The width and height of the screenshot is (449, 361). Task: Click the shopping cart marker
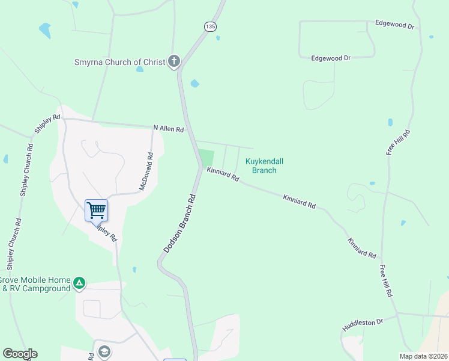[96, 211]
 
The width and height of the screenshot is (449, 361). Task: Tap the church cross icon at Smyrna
[173, 61]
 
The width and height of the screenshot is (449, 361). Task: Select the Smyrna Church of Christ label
[119, 62]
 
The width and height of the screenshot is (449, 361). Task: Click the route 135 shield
[209, 27]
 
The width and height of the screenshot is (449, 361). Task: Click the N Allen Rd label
[168, 128]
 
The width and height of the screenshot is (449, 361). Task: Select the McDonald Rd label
[146, 171]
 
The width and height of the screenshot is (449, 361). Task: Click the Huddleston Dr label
[363, 326]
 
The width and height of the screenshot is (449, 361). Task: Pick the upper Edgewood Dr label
[394, 26]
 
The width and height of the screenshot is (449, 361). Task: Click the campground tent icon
[79, 283]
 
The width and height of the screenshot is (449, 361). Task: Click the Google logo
[20, 354]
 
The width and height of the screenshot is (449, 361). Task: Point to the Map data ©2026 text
[423, 356]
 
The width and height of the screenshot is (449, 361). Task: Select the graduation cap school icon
[104, 351]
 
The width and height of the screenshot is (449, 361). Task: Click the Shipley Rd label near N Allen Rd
[47, 124]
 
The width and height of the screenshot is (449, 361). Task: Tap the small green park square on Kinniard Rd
[206, 158]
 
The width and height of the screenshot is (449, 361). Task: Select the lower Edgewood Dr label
[331, 58]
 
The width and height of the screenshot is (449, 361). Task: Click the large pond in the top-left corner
[44, 29]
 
